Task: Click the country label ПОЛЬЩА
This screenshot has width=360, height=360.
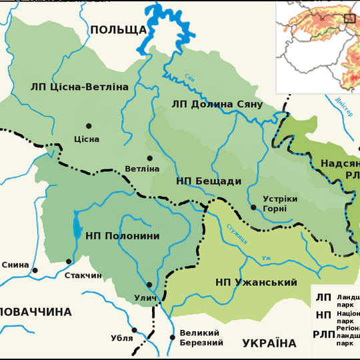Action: tap(118, 29)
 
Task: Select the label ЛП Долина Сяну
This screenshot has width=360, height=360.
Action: tap(217, 104)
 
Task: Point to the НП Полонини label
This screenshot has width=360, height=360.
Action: tap(122, 236)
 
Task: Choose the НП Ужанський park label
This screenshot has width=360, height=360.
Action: tap(256, 283)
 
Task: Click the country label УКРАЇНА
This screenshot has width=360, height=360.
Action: tap(269, 343)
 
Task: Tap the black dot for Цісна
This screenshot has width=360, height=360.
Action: tap(88, 125)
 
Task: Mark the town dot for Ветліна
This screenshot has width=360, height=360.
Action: tap(149, 158)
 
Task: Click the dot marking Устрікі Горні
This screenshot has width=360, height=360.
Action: tap(253, 207)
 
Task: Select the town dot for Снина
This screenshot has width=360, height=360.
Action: tap(35, 270)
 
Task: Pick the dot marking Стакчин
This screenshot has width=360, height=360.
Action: tap(69, 261)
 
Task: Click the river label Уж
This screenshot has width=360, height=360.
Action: tap(266, 258)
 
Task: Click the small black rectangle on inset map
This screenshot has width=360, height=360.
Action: tap(349, 18)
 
